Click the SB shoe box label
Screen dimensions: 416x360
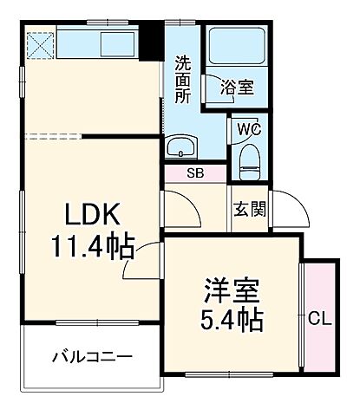(x=196, y=172)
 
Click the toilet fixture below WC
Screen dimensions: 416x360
(x=250, y=157)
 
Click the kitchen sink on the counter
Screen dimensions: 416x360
(x=117, y=42)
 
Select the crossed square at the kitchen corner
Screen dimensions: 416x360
(x=39, y=43)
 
